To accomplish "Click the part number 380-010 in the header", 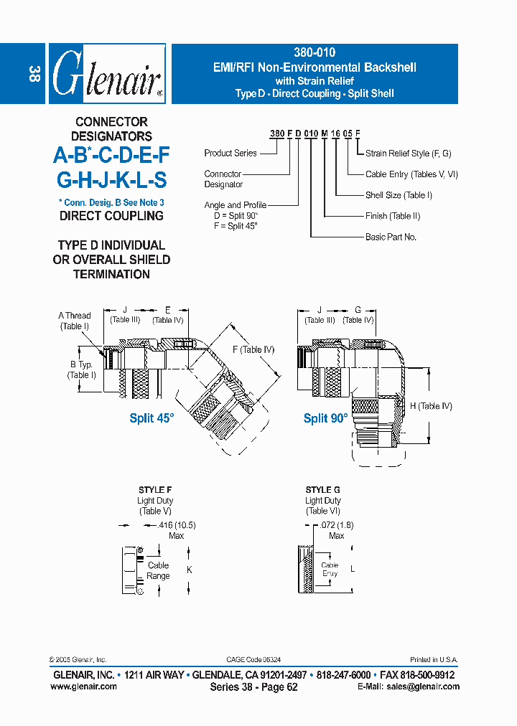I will [315, 53].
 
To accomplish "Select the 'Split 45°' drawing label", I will [152, 418].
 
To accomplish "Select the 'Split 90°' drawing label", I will [325, 418].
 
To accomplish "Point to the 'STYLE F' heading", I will [154, 490].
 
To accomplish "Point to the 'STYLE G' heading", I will [322, 490].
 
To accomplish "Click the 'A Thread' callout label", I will [75, 316].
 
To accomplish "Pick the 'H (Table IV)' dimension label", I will [431, 406].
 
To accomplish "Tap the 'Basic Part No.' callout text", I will [391, 237].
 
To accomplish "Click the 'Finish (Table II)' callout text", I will [393, 216].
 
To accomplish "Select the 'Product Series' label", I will [230, 153].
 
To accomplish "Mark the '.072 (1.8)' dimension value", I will [336, 525].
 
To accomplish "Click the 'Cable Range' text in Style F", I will [159, 570].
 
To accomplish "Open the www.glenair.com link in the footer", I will [84, 687].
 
